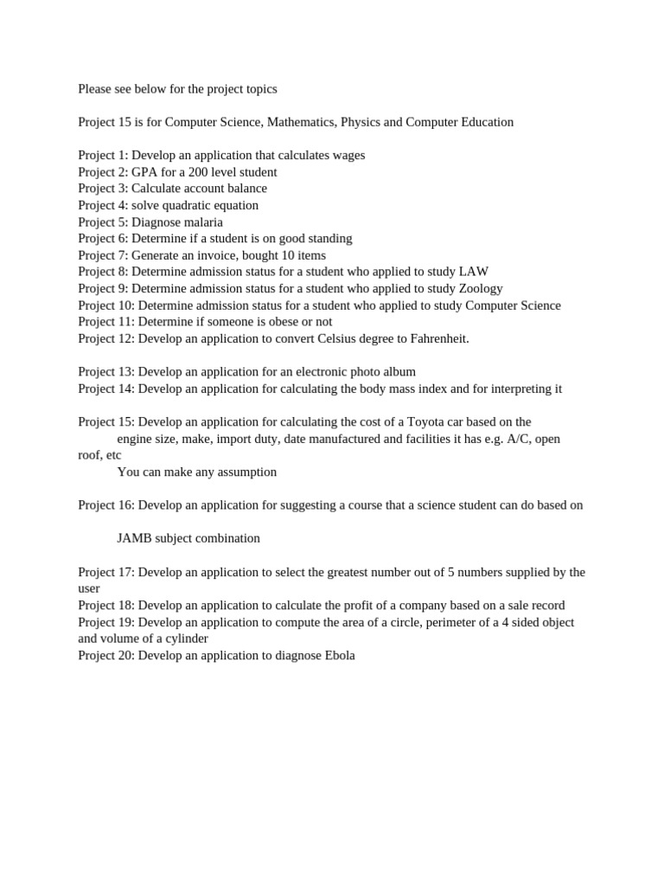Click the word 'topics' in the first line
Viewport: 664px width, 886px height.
259,89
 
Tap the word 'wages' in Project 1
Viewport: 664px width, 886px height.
344,155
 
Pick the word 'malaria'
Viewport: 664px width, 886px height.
201,222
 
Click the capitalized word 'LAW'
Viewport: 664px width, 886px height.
474,272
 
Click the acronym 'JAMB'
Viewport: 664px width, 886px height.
135,538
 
